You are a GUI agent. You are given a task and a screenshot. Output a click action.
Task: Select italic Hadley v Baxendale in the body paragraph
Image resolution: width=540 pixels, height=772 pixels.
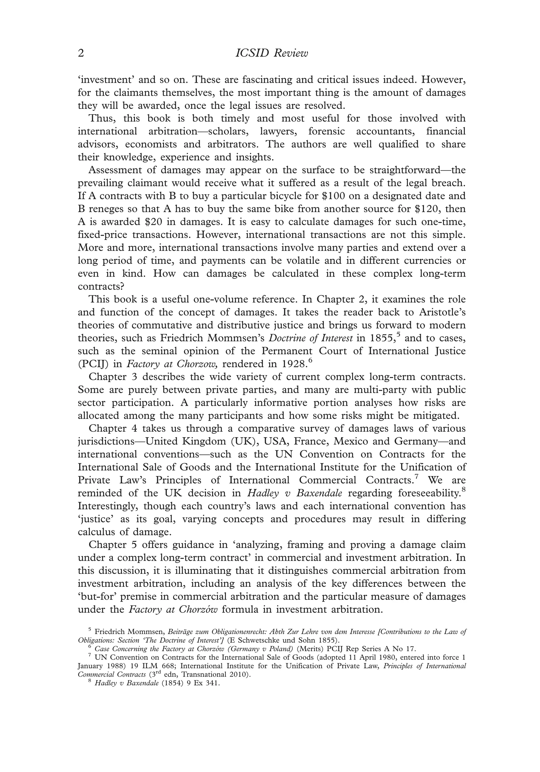coord(294,493)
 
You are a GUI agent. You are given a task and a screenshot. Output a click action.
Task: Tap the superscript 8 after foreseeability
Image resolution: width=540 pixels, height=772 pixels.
coord(463,490)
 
